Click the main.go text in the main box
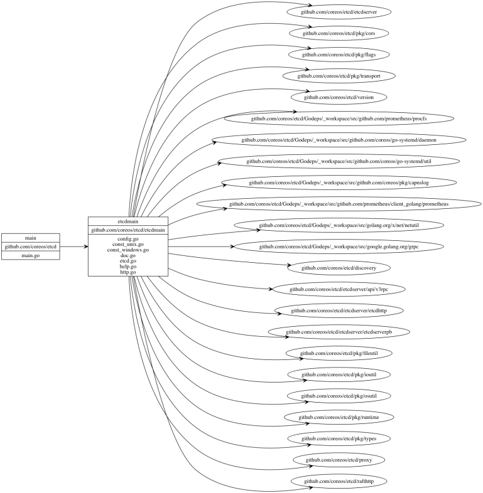click(31, 255)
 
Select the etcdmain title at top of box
click(128, 221)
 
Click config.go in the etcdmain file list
click(128, 238)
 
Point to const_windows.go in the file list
click(128, 250)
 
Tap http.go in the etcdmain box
click(128, 272)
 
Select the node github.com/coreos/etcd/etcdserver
click(339, 12)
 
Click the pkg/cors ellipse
click(339, 33)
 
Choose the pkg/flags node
click(339, 55)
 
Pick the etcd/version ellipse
click(339, 97)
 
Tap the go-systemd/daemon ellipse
click(339, 140)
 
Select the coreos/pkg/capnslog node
click(339, 183)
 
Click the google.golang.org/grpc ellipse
click(339, 246)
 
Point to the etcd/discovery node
click(339, 268)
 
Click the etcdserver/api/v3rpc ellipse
click(339, 289)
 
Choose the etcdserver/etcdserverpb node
click(339, 332)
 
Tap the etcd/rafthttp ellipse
click(339, 481)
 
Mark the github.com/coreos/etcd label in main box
click(31, 246)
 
